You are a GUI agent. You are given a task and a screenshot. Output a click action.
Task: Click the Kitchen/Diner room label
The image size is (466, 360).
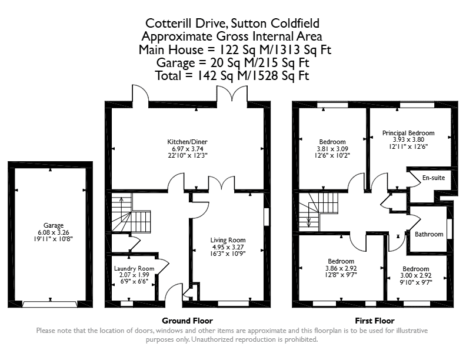pyautogui.click(x=187, y=142)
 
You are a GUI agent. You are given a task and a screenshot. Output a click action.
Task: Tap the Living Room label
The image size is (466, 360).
pyautogui.click(x=228, y=240)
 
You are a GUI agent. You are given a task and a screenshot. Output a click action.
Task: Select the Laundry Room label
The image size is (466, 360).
pyautogui.click(x=134, y=268)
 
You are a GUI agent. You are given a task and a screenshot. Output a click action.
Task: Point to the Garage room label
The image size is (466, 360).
pyautogui.click(x=54, y=225)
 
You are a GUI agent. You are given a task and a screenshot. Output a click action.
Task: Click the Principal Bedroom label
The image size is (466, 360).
pyautogui.click(x=408, y=133)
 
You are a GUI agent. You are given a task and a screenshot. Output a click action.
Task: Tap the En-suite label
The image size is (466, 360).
pyautogui.click(x=434, y=178)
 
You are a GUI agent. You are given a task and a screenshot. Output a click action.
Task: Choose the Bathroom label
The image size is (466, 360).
pyautogui.click(x=429, y=234)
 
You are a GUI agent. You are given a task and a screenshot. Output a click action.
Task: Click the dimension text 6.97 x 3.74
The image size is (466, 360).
pyautogui.click(x=187, y=149)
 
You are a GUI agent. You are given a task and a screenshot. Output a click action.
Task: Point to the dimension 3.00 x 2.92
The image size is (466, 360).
pyautogui.click(x=416, y=275)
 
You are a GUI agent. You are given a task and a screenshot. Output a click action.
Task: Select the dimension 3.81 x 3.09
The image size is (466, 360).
pyautogui.click(x=332, y=149)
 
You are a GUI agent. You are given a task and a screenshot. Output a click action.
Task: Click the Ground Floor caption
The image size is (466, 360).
pyautogui.click(x=187, y=321)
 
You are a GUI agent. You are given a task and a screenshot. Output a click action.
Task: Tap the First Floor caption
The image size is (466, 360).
pyautogui.click(x=374, y=321)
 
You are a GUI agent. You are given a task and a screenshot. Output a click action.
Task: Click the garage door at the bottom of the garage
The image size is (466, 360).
pyautogui.click(x=50, y=304)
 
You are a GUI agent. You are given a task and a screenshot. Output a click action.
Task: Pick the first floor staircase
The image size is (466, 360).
pyautogui.click(x=318, y=212)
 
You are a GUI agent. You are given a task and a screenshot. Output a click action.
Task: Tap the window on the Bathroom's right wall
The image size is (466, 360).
pyautogui.click(x=450, y=229)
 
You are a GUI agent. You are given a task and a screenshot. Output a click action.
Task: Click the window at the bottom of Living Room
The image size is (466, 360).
pyautogui.click(x=234, y=304)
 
